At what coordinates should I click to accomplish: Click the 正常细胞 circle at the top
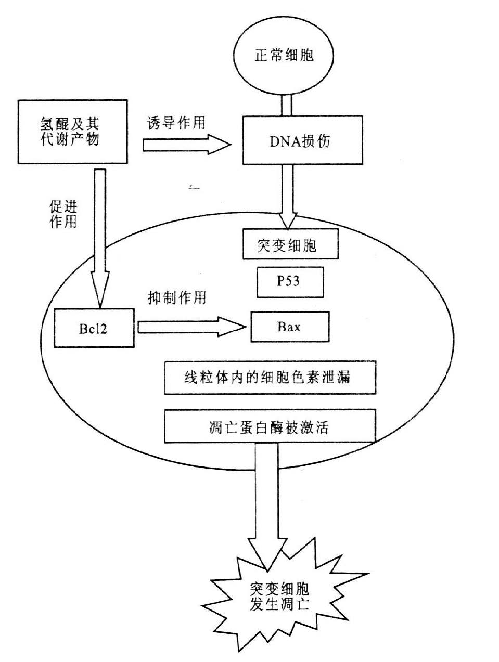(x=284, y=55)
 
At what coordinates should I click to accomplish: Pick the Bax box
(x=289, y=327)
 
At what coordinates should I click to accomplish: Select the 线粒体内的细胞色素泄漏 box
(x=270, y=377)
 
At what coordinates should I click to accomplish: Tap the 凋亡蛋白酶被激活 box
(x=270, y=426)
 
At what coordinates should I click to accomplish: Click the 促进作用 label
(x=63, y=214)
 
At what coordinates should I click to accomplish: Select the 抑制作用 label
(x=177, y=297)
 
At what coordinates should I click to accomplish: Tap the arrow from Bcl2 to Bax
(x=190, y=327)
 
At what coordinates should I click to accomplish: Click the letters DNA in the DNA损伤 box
(x=276, y=141)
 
